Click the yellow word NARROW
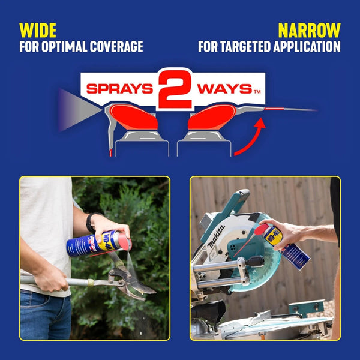(309, 30)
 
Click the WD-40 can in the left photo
(98, 243)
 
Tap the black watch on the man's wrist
(91, 223)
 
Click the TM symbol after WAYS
(257, 92)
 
